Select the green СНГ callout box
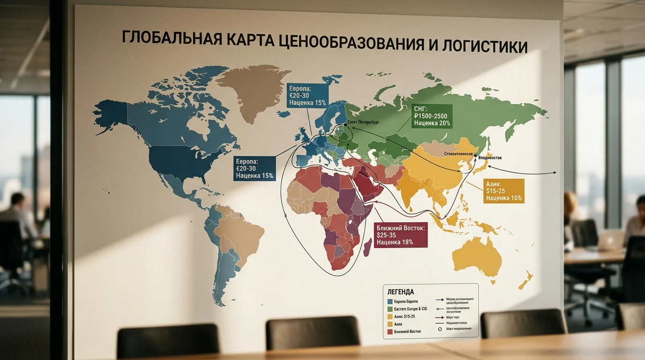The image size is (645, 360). (x=432, y=116)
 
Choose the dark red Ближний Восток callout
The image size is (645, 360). (x=401, y=235)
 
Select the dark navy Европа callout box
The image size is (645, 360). (x=254, y=168)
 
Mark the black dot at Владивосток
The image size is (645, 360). (x=475, y=156)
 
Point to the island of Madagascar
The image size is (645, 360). (x=368, y=246)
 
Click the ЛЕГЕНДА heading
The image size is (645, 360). (x=399, y=292)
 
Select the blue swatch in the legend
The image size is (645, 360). (x=390, y=301)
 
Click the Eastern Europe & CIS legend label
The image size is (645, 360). (x=411, y=309)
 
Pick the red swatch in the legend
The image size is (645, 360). (x=390, y=332)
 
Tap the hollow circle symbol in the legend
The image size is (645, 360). (x=440, y=330)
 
